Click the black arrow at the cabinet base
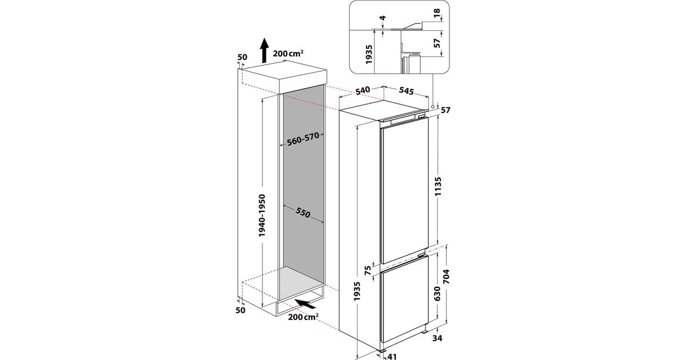coord(305,304)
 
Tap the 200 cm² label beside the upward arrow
coord(288,53)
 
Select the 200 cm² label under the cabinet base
coord(303,317)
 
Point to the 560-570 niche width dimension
coord(303,139)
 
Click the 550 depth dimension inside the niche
coord(303,213)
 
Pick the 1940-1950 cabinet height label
coord(262,215)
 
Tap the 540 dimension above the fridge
coord(362,91)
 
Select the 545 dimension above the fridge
coord(406,91)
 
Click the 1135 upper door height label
coord(438,186)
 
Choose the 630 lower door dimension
coord(437,294)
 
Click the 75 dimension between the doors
coord(368,270)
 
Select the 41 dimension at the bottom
coord(392,357)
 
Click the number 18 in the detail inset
coord(437,12)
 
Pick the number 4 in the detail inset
coord(382,18)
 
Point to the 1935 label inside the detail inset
coord(369,54)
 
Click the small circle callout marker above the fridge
coord(433,106)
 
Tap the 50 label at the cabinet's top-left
coord(242,57)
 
